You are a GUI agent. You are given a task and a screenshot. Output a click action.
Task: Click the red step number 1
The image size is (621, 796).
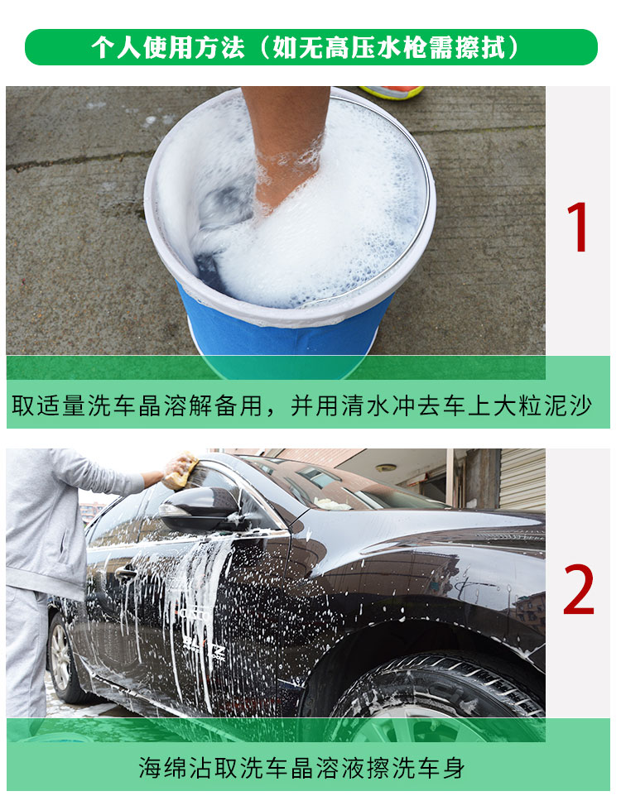(578, 227)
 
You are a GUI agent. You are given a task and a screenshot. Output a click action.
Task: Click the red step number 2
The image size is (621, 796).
(578, 589)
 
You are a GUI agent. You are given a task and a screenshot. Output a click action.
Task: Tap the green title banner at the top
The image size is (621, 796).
(311, 47)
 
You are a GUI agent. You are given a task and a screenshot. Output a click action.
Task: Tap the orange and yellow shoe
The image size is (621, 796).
(392, 92)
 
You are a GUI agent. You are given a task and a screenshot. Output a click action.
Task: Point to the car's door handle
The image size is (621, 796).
(125, 574)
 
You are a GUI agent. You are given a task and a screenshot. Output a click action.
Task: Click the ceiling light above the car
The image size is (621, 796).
(386, 468)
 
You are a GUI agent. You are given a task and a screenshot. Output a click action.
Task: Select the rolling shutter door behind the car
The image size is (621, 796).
(522, 480)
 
